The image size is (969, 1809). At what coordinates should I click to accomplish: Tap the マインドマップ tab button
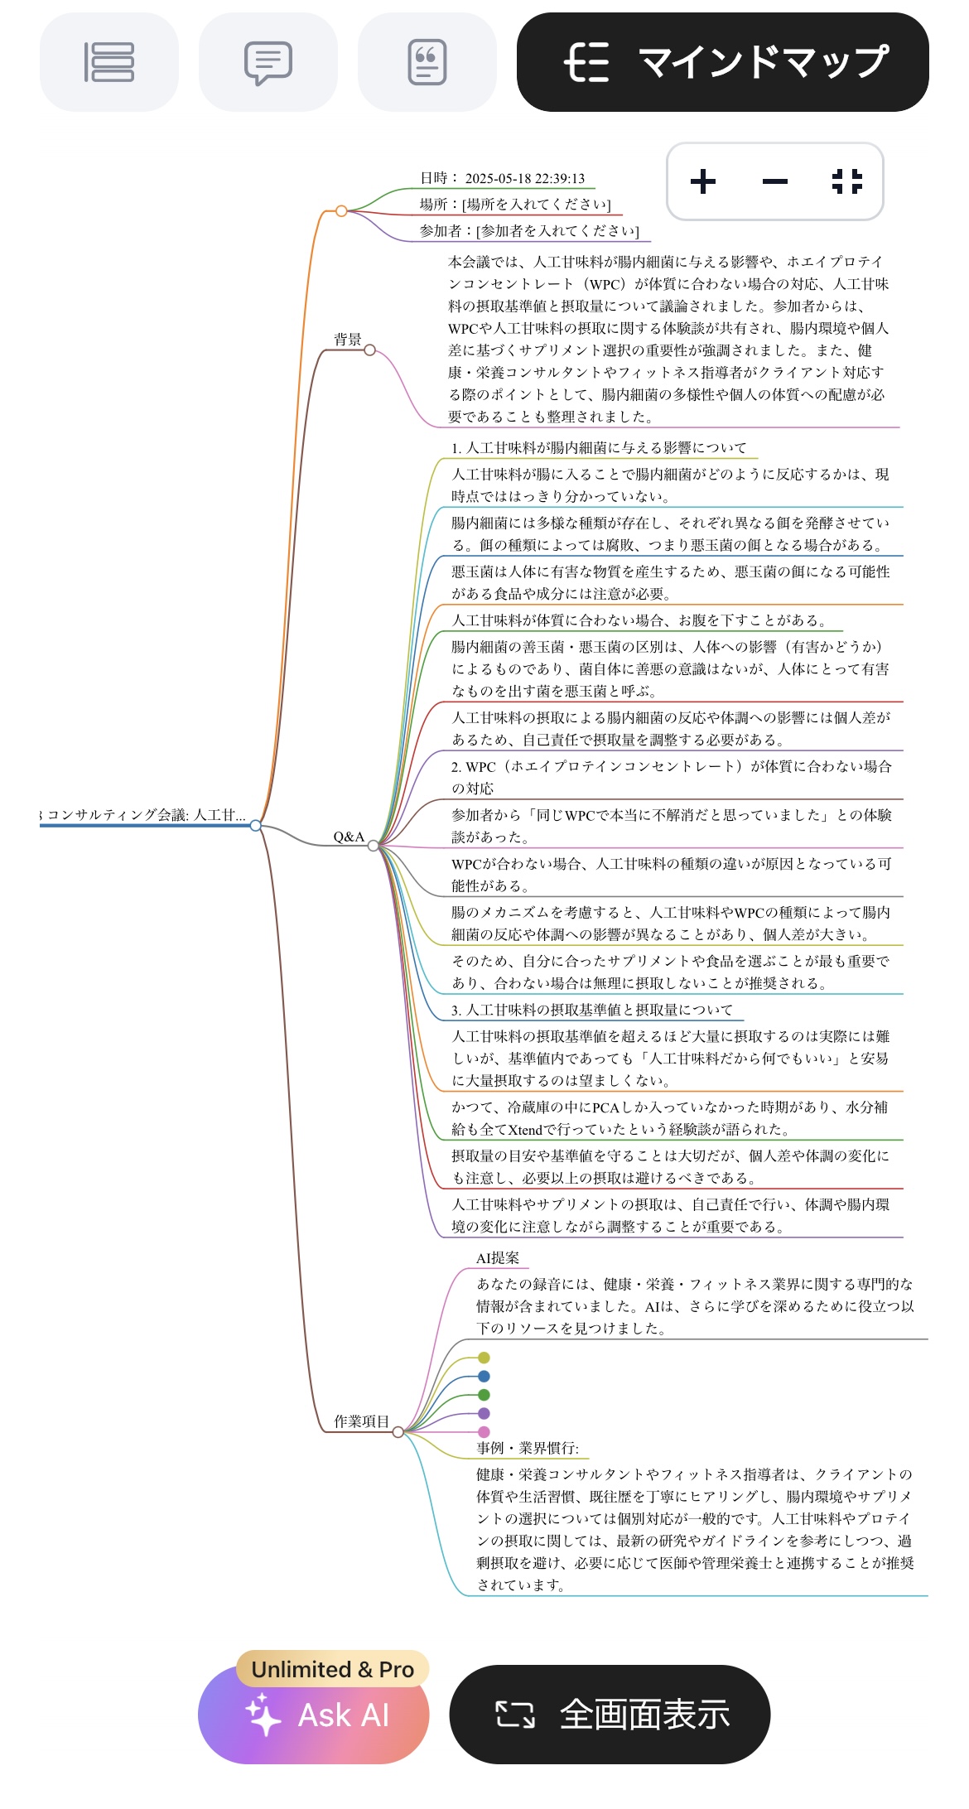722,62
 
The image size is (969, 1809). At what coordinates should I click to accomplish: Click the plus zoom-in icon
703,181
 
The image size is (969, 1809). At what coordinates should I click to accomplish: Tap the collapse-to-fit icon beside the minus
846,181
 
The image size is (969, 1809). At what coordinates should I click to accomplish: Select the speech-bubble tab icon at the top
268,62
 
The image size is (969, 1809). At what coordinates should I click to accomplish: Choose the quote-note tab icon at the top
427,62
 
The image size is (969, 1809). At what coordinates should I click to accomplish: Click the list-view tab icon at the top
108,62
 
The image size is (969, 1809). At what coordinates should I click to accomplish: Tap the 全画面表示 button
610,1714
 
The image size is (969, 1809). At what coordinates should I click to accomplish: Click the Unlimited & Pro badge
332,1669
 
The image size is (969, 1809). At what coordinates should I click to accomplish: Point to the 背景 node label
348,340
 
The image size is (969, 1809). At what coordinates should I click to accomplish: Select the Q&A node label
349,837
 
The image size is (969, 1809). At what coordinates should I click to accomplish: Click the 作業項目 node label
361,1421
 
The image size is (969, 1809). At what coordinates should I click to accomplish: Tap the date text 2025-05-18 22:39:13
524,178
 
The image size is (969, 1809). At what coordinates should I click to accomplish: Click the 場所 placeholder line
514,205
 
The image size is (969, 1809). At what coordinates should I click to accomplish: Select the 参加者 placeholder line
528,231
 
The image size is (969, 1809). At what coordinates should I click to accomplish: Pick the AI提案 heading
498,1258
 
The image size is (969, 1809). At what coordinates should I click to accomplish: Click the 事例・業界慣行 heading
528,1448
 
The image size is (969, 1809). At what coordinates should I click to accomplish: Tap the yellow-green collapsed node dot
484,1358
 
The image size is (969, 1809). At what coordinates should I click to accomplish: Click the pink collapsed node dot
484,1432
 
